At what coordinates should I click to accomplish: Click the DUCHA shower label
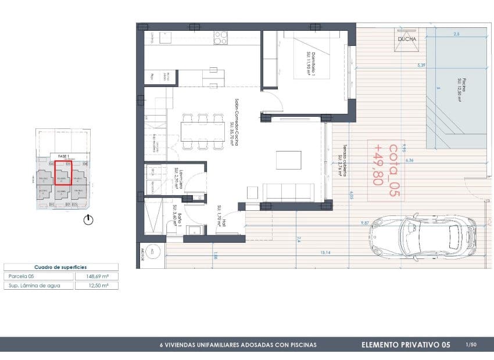coord(406,39)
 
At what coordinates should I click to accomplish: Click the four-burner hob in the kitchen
coord(220,38)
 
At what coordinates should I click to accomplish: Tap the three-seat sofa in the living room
coord(289,190)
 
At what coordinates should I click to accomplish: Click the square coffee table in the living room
coord(288,160)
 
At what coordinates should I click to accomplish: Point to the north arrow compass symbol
coord(88,219)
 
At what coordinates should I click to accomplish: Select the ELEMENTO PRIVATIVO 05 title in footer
coord(406,345)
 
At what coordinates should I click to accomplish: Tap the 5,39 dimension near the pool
coord(421,66)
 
